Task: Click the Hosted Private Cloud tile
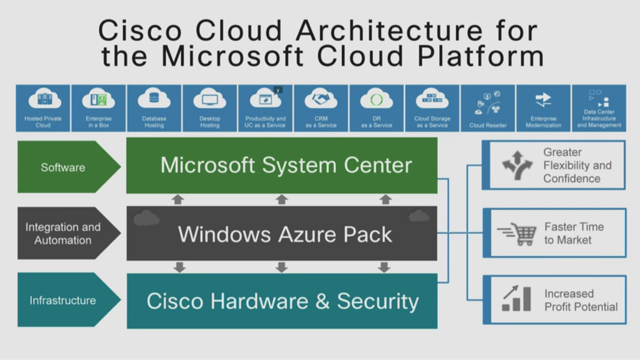pos(43,108)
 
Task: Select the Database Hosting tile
pos(154,108)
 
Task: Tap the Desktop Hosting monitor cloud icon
pos(209,100)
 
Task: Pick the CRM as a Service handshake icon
pos(321,99)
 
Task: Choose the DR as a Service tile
pos(376,108)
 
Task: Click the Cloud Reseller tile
pos(488,108)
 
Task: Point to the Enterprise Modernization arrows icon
pos(543,100)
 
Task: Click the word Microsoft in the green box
pos(207,165)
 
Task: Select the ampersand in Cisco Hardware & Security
pos(322,301)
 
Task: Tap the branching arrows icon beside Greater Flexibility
pos(517,165)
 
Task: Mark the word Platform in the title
pos(480,56)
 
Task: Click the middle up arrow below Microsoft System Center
pos(282,199)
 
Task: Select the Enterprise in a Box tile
pos(99,108)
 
